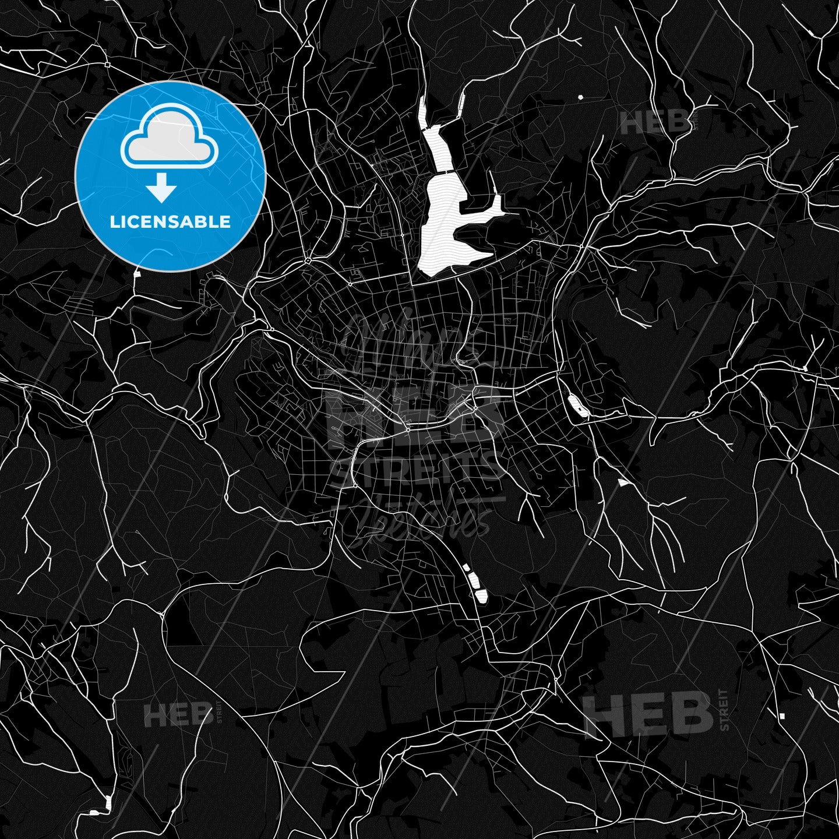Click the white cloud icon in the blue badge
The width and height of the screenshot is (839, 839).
[x=169, y=138]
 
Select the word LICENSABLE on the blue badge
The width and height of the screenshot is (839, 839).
[x=170, y=221]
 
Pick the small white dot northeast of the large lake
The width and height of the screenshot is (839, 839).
[x=580, y=97]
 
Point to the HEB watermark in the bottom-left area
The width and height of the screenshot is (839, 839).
[x=178, y=715]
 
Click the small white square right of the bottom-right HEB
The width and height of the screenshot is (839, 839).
[x=781, y=715]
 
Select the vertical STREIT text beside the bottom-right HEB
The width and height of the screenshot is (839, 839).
[x=724, y=710]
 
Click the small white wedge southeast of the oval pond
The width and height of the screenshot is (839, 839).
[x=623, y=482]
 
